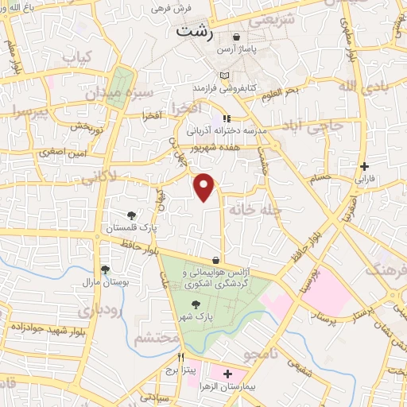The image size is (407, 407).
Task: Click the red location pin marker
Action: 205,186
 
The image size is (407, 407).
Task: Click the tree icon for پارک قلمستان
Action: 132,215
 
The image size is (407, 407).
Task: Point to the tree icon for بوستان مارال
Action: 105,269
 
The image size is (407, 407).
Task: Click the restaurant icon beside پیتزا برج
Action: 181,357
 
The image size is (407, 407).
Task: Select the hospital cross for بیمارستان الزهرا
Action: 228,373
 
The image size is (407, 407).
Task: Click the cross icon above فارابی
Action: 364,166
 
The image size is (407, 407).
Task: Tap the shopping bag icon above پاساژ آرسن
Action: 236,37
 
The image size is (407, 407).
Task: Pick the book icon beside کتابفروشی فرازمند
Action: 225,75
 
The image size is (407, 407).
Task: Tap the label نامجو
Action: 260,352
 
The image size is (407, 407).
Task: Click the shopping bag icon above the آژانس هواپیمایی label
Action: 216,259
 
